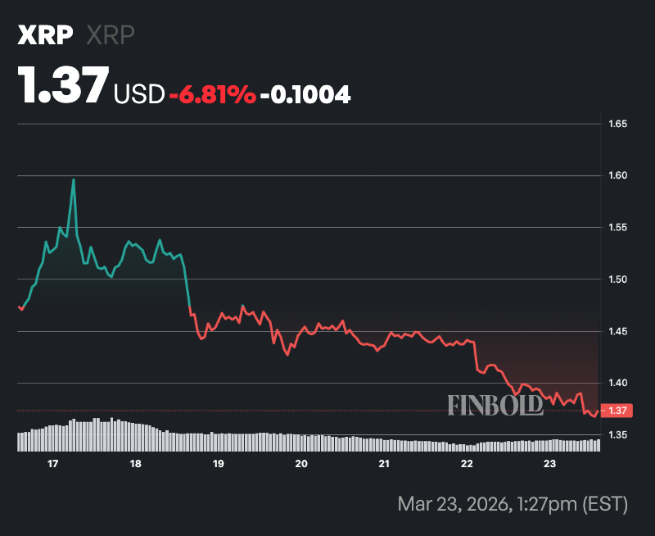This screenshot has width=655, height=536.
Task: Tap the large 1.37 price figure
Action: [x=63, y=85]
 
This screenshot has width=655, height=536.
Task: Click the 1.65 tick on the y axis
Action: [x=617, y=124]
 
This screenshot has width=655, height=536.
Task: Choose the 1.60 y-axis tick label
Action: [x=617, y=175]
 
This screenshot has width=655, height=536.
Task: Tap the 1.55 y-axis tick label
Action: [x=617, y=227]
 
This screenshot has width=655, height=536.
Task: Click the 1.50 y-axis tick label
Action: [x=617, y=279]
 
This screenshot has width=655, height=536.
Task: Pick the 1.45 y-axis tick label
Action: [x=617, y=331]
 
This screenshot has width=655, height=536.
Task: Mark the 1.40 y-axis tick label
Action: [x=617, y=383]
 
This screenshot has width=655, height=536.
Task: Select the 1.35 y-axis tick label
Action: [x=617, y=434]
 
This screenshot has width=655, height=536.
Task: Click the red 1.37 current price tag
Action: [x=616, y=410]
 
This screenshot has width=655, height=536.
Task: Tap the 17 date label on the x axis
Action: [x=52, y=464]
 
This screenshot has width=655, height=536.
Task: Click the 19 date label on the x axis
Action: [x=218, y=464]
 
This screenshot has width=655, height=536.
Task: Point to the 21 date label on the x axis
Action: [x=384, y=464]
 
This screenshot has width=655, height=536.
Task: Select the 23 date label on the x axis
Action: [x=549, y=464]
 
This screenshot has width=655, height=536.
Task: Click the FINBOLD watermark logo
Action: [x=495, y=404]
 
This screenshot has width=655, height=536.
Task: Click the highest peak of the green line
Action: [x=74, y=179]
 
